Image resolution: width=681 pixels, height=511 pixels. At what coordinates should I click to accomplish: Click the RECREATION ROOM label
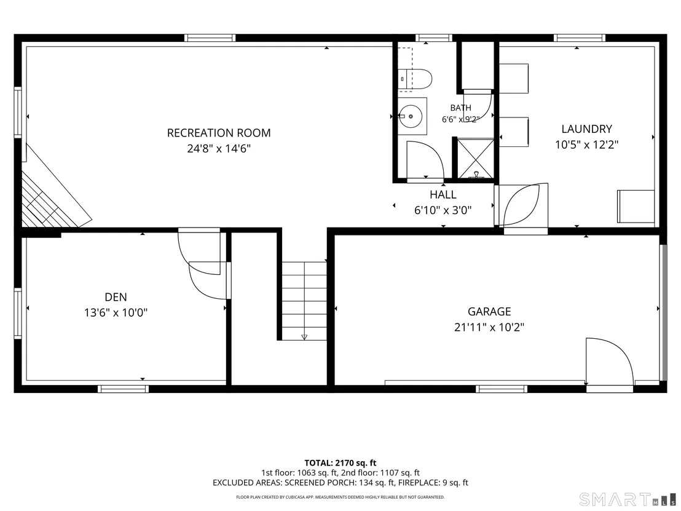pos(219,133)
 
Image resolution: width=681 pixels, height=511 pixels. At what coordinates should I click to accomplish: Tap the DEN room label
pos(116,297)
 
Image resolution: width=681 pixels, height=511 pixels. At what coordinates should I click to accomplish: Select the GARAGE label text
pos(489,312)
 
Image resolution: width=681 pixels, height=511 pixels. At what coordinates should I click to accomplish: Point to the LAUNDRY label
pos(587,129)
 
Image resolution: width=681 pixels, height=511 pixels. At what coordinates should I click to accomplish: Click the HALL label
pos(443,195)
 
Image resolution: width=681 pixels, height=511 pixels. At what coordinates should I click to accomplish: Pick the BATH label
pos(461,108)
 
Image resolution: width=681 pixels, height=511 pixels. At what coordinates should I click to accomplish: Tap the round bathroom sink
pos(411,116)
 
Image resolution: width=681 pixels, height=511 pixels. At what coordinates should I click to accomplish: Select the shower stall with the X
pos(476,159)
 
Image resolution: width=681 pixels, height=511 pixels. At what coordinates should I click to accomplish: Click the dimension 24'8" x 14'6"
pos(219,149)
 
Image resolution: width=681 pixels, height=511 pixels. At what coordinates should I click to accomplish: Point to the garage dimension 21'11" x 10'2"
pos(489,327)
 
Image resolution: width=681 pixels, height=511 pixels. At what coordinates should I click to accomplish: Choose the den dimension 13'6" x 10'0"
pos(116,312)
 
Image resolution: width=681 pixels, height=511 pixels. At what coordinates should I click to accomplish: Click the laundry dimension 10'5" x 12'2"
pos(587,145)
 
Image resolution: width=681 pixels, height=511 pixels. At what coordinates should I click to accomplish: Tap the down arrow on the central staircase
pos(304,336)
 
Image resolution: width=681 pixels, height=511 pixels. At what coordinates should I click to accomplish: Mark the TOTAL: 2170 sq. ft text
pos(340,463)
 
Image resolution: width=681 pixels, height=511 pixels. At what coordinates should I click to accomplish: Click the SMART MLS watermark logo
pos(628,499)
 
